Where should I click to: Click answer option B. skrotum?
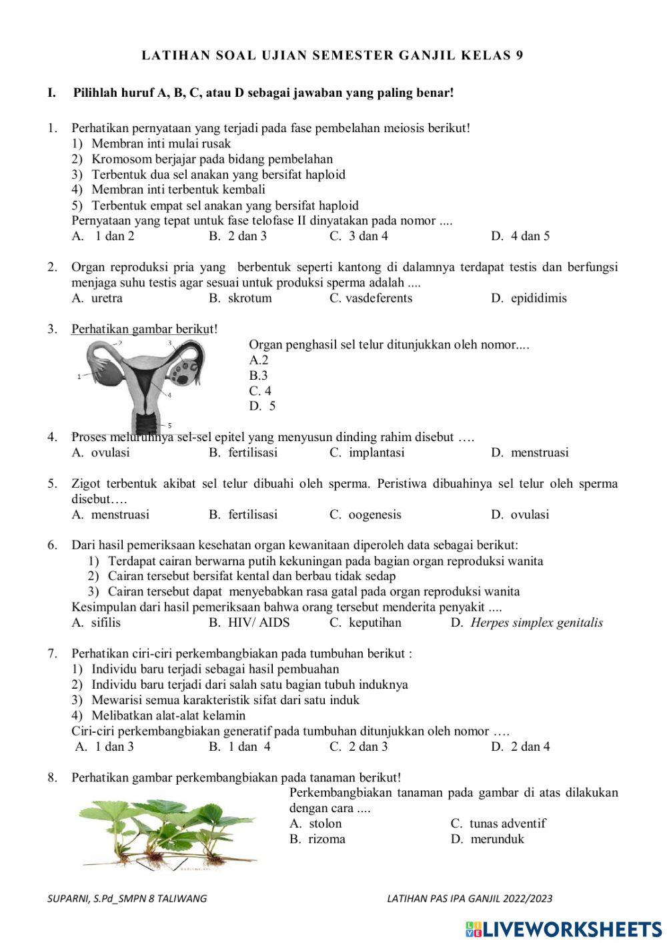tap(240, 298)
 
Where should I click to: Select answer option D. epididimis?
tap(528, 298)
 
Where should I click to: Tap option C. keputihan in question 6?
tap(366, 623)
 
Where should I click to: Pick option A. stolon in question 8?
tap(315, 824)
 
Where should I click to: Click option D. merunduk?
tap(488, 839)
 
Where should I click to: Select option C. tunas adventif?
tap(498, 824)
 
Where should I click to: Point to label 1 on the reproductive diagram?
tap(79, 376)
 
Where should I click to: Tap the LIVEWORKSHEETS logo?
tap(564, 928)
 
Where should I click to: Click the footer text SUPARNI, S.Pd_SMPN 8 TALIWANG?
tap(127, 898)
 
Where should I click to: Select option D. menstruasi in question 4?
tap(530, 452)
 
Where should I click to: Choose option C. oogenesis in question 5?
tap(366, 515)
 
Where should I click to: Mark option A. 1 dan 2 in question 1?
tap(103, 236)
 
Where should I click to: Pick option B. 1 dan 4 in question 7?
tap(240, 747)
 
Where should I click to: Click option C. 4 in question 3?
tap(260, 391)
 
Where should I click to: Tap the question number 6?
tap(51, 545)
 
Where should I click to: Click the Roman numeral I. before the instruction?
tap(51, 93)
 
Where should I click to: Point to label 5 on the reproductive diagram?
tap(169, 425)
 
